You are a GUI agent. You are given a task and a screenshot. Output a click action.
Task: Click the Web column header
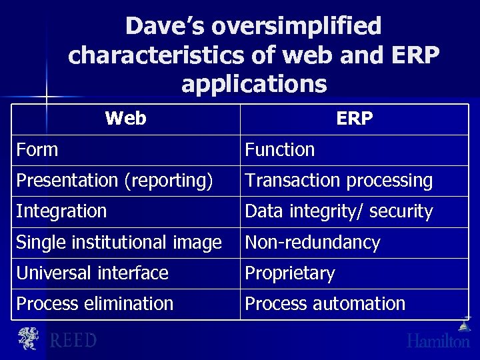coord(125,119)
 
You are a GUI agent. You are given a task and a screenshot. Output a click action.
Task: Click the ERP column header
coord(354,119)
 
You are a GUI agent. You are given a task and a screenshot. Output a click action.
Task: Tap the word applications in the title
coord(254,85)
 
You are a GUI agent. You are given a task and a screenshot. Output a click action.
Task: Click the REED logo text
coord(73,341)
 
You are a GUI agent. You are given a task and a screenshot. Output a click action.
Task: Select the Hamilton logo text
coord(438,341)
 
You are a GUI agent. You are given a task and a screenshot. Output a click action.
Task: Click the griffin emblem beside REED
coord(28,339)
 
